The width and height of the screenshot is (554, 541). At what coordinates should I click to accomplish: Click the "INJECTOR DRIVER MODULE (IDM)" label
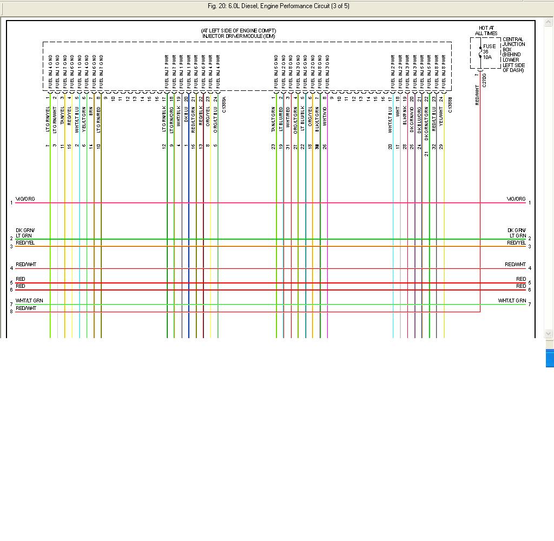point(239,36)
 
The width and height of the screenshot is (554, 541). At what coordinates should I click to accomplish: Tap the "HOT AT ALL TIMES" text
point(486,30)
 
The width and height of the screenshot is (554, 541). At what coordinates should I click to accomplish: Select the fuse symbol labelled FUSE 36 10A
point(480,53)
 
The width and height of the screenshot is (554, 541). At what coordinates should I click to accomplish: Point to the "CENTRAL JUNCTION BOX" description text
point(513,55)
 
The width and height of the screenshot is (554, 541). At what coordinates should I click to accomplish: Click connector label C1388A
point(223,105)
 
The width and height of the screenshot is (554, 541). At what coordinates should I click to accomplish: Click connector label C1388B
point(450,105)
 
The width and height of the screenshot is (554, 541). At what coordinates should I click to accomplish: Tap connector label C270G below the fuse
point(484,80)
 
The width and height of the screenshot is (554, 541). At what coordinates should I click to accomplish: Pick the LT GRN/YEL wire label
point(48,119)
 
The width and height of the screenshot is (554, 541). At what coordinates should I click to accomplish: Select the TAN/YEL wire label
point(62,115)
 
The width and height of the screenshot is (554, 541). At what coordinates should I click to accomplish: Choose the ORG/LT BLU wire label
point(215,119)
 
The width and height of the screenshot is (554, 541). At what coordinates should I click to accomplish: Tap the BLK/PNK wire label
point(405,115)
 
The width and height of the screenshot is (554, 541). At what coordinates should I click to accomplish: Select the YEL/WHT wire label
point(441,114)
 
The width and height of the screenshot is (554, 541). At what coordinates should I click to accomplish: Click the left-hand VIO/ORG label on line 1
point(25,199)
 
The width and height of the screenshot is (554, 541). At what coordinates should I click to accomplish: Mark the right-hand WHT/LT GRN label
point(512,301)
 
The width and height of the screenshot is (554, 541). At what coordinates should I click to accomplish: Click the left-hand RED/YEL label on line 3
point(25,243)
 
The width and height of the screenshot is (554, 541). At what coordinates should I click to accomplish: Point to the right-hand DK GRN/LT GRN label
point(516,233)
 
